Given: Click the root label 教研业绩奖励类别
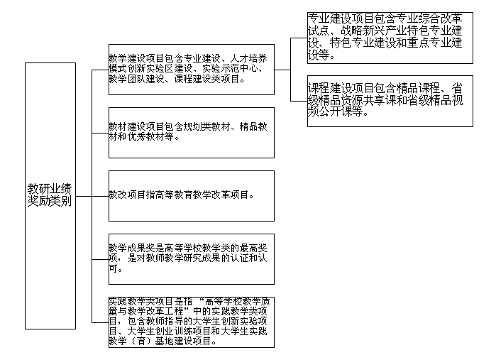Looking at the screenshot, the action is [x=50, y=195].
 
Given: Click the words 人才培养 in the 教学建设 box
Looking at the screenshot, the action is [x=248, y=58].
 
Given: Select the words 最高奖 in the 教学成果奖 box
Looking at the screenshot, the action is [x=253, y=248].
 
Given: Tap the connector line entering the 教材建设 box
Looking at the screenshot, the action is [x=100, y=133].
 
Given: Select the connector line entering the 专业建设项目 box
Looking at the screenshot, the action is [x=299, y=38].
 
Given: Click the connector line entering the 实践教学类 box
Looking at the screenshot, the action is [x=100, y=322].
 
